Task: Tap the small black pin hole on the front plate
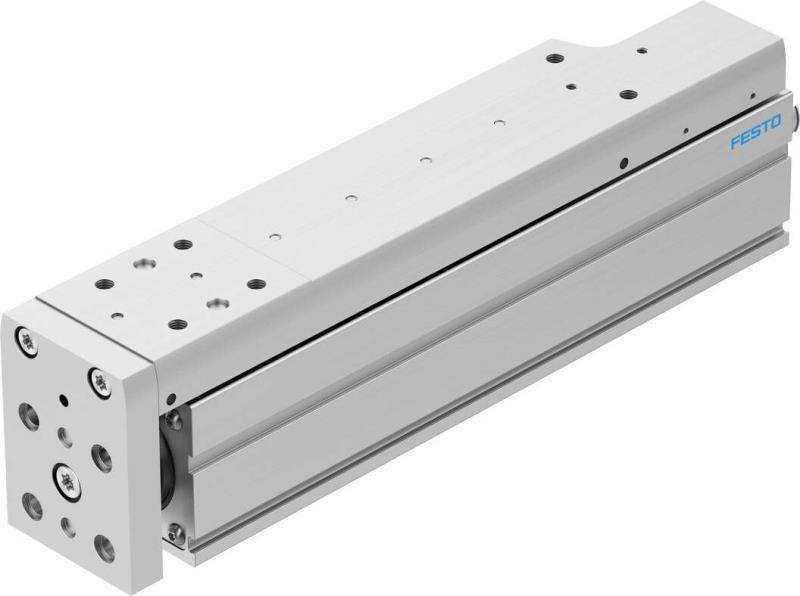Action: click(x=64, y=400)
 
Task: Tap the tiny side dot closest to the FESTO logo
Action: click(x=686, y=131)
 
